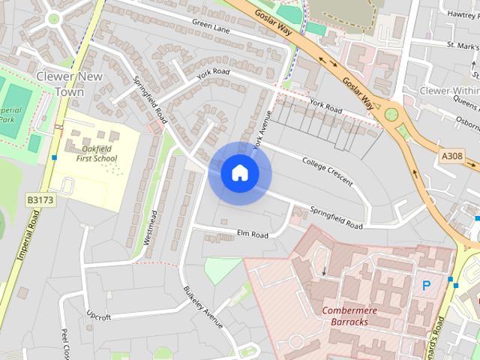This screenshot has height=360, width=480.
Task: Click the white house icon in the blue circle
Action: (239, 173)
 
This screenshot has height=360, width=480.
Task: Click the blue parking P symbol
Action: (427, 285)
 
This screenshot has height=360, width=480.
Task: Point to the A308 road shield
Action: (451, 155)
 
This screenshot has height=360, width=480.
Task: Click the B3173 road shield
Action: (39, 200)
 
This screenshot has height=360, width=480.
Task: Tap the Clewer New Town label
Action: (60, 84)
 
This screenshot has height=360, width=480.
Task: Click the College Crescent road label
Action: (327, 166)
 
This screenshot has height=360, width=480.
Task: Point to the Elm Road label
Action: (253, 235)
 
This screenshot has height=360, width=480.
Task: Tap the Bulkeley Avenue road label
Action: (203, 307)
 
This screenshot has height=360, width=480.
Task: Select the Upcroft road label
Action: (98, 316)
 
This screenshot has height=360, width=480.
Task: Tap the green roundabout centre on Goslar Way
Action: (391, 115)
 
